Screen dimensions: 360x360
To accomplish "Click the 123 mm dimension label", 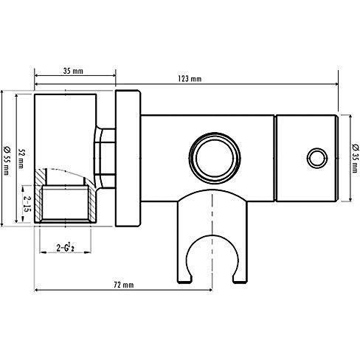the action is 190,79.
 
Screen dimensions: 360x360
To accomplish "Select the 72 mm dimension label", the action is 124,285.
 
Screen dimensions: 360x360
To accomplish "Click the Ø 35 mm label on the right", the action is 355,159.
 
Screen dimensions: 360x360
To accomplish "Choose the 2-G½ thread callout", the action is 65,247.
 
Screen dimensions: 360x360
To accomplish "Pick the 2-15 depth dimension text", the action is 27,204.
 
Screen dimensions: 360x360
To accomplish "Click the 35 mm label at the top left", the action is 73,71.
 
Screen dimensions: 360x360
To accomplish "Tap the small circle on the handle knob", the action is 317,158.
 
